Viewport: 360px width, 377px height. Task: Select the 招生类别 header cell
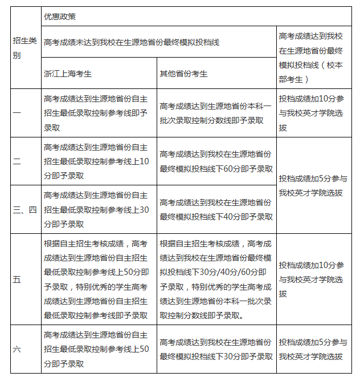click(x=26, y=48)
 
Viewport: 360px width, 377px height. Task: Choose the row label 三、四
click(x=25, y=209)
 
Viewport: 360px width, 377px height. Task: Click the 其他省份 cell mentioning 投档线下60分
click(x=216, y=161)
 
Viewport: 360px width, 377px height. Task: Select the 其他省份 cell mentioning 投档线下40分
click(x=216, y=209)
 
